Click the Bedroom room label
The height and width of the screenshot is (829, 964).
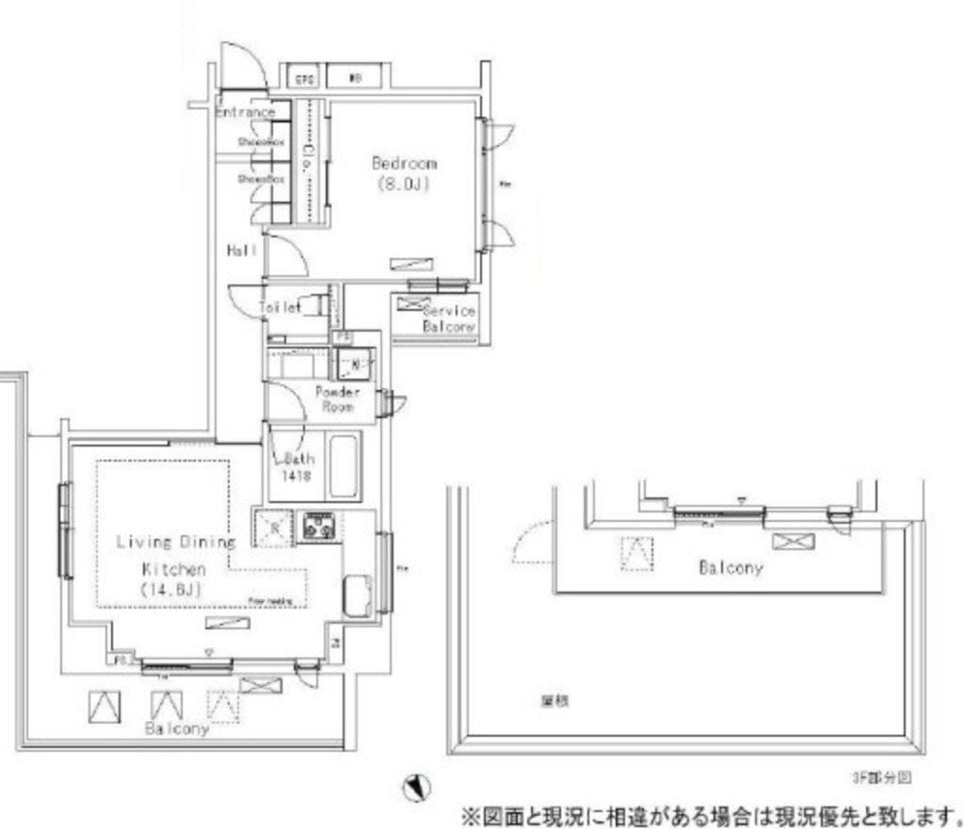pos(404,163)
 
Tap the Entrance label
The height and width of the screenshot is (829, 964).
pos(245,112)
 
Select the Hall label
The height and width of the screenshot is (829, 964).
pos(242,251)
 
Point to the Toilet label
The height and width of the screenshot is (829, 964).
pos(280,307)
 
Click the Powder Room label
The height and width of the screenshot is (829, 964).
pos(337,398)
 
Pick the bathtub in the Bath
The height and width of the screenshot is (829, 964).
pos(343,464)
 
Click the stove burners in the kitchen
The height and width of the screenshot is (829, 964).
pos(319,527)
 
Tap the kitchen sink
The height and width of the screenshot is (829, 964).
pos(357,593)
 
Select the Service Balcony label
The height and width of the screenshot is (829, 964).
pos(449,318)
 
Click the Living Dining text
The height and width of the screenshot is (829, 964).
pos(175,542)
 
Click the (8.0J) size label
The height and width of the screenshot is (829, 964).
pos(403,184)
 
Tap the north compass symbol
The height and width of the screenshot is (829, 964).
pos(416,787)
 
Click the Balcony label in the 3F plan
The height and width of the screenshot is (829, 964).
pos(731,568)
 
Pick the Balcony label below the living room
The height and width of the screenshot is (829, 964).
pos(176,728)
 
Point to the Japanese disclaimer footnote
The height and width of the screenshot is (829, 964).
pos(711,813)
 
